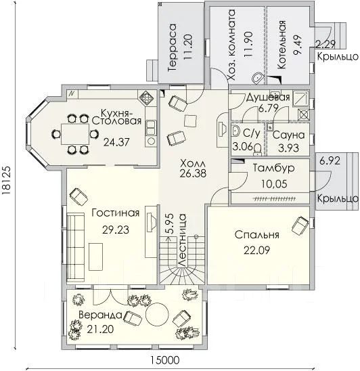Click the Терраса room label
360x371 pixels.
[x=173, y=47]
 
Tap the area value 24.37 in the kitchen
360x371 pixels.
[x=116, y=142]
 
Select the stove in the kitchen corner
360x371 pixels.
[x=145, y=97]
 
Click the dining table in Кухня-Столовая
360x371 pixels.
[x=75, y=134]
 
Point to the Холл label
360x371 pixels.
[x=193, y=163]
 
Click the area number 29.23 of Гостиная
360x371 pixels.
[x=116, y=230]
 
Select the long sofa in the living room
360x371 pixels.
[x=76, y=247]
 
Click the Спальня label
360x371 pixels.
[x=257, y=235]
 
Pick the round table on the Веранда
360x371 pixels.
[x=157, y=314]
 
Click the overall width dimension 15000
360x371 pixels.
[x=164, y=360]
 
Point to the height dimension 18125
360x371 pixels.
[x=7, y=181]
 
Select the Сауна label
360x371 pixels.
[x=288, y=135]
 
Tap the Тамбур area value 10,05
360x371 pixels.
[x=274, y=184]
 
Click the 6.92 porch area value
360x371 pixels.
[x=330, y=160]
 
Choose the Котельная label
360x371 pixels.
[x=282, y=45]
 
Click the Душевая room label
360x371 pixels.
[x=268, y=97]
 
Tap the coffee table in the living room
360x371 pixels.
[x=95, y=257]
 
